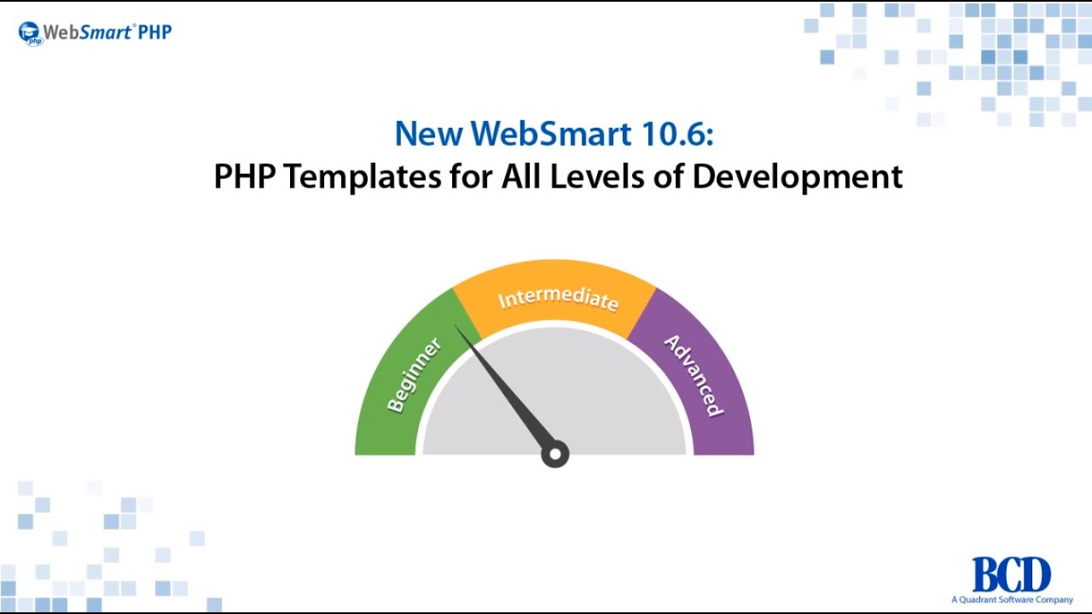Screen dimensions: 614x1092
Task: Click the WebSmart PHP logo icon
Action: point(30,33)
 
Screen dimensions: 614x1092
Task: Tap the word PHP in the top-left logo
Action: point(155,32)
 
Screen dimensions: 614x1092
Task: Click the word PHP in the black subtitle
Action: point(245,177)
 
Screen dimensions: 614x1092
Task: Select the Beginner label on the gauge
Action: point(414,375)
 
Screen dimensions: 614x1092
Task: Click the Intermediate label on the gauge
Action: point(558,298)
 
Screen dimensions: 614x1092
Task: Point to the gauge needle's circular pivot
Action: point(555,454)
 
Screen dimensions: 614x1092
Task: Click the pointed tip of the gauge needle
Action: point(457,327)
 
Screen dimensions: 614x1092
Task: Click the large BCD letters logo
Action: point(1011,575)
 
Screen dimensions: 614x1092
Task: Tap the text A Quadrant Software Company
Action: point(1012,600)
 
